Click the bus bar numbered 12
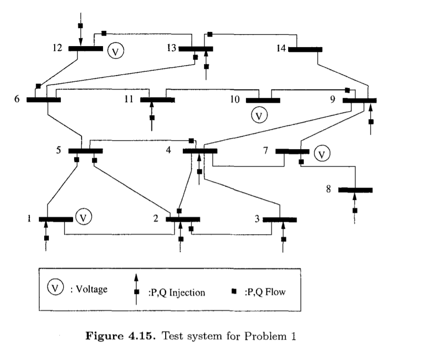tap(85, 48)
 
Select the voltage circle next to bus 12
tap(114, 51)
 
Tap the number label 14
tap(281, 48)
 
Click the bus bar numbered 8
tap(355, 190)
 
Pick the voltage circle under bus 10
tap(259, 115)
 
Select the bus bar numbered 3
tap(280, 219)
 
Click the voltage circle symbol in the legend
tap(56, 287)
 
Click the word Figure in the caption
tap(104, 337)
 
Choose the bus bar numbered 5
tap(85, 151)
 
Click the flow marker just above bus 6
tap(38, 86)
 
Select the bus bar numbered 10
tap(263, 100)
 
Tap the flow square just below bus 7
tap(301, 162)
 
